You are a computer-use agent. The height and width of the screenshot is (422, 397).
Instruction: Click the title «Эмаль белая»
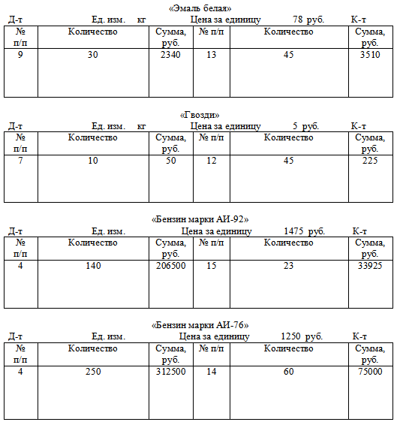coord(200,8)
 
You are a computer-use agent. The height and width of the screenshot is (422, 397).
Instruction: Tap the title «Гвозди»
coord(200,115)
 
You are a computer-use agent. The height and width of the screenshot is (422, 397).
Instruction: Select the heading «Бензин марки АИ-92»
coord(200,219)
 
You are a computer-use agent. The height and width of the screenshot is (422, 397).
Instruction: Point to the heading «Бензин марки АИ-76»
coord(200,325)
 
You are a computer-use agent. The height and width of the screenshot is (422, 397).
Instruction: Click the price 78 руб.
coord(308,20)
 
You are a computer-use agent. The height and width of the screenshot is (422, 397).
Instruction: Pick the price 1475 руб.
coord(304,231)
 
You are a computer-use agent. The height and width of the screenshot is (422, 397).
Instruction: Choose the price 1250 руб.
coord(302,336)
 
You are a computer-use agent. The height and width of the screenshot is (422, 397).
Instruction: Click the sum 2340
coord(170,55)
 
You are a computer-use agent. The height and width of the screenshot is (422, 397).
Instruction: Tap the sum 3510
coord(370,55)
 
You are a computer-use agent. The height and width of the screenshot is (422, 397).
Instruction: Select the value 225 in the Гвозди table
coord(370,161)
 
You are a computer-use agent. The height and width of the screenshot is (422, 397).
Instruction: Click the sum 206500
coord(171,266)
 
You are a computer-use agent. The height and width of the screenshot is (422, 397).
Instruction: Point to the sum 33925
coord(370,266)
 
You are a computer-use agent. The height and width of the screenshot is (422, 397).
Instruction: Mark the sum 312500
coord(171,372)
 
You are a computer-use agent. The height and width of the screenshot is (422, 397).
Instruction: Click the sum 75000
coord(370,372)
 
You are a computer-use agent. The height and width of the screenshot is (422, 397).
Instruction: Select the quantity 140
coord(93,266)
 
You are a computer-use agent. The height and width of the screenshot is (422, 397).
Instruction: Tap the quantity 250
coord(93,372)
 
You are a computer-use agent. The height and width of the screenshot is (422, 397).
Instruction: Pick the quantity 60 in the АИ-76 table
coord(289,372)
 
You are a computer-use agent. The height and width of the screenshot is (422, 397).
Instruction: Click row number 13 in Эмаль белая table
coord(212,55)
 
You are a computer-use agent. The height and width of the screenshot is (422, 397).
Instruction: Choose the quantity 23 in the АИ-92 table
coord(289,266)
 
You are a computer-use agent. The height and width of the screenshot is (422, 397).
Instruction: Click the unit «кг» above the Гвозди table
coord(142,126)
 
